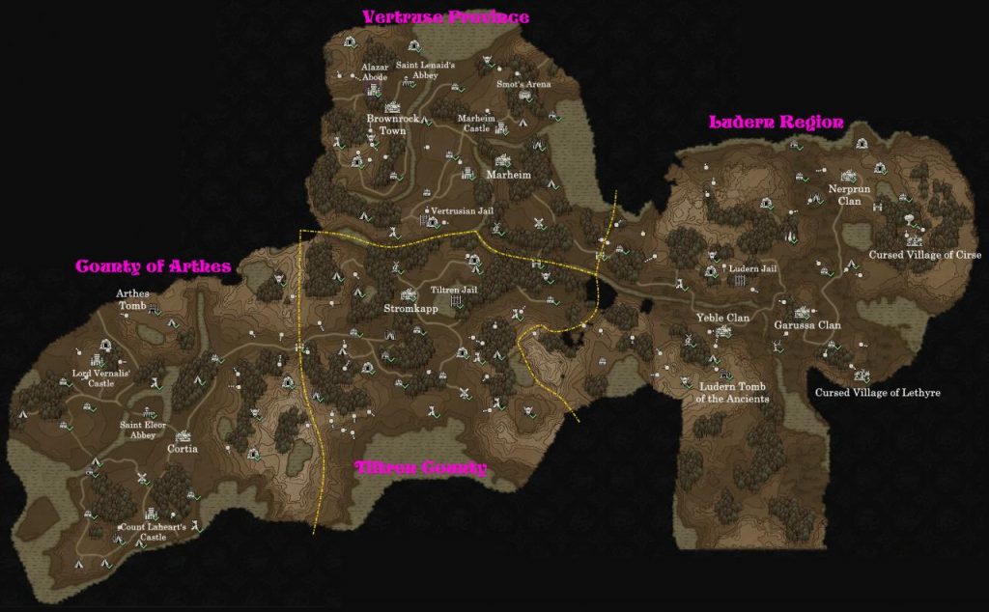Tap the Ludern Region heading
click(x=777, y=123)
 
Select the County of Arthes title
click(x=153, y=265)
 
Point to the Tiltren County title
click(x=420, y=468)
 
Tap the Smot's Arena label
click(x=523, y=84)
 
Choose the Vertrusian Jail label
click(x=462, y=209)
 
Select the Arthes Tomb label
click(x=133, y=299)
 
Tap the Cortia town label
click(x=183, y=449)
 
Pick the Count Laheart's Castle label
click(x=154, y=532)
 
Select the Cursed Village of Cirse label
click(x=925, y=255)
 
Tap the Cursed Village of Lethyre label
click(x=877, y=393)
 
